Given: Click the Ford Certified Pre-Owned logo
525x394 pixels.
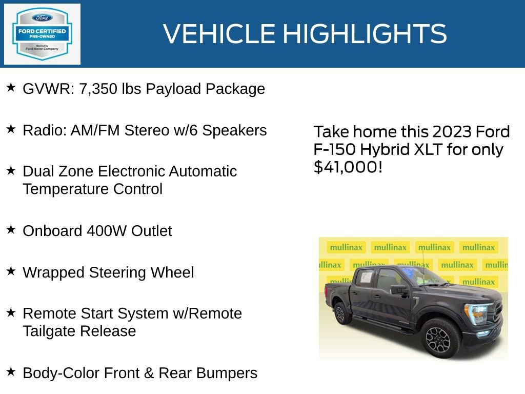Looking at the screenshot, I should [x=42, y=34].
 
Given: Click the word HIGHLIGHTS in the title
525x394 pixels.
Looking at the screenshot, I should [x=365, y=34].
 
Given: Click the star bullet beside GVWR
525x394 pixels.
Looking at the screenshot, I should [x=11, y=88].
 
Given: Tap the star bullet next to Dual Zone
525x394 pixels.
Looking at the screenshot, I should [x=11, y=170].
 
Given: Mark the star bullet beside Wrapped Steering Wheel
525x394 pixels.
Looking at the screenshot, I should [x=11, y=271].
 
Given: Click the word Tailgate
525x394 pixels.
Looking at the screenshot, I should [x=50, y=331].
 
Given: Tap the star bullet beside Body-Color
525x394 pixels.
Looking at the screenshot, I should [x=11, y=371].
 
